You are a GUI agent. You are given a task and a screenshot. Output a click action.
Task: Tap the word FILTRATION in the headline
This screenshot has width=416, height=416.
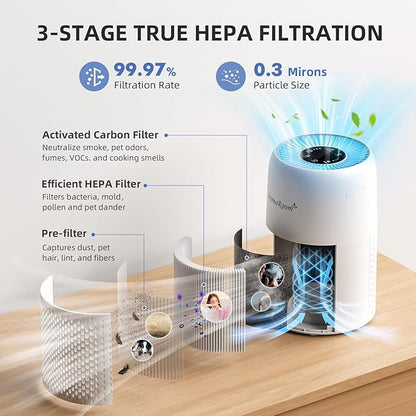pos(320,32)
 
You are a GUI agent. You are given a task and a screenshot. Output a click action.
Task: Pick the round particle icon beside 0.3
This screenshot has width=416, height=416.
pos(229,77)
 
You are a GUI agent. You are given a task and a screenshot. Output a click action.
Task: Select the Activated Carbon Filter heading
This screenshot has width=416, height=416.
pos(99,134)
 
